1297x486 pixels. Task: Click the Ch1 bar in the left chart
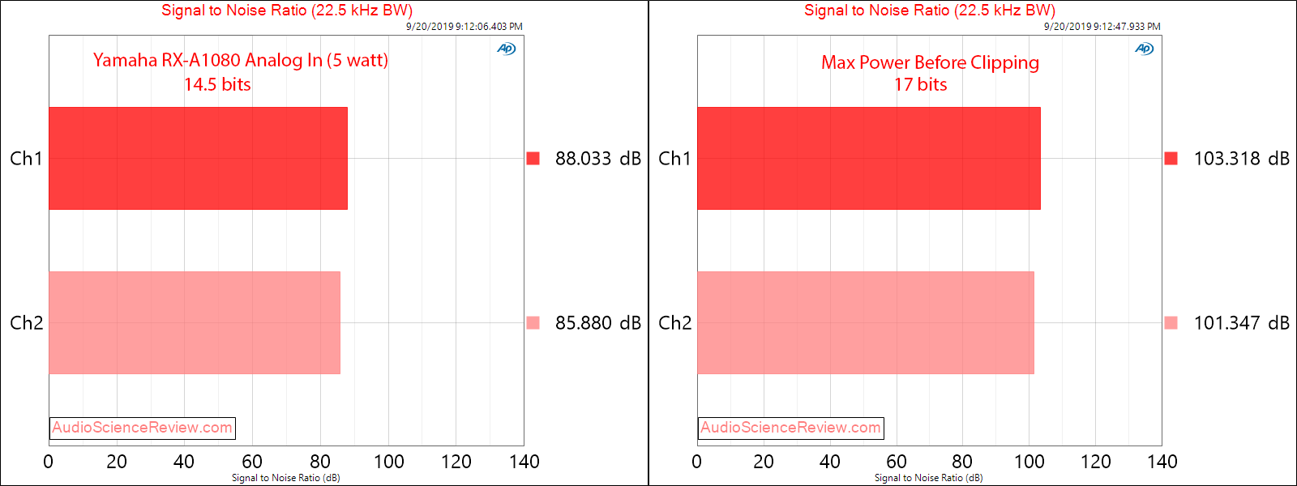(198, 158)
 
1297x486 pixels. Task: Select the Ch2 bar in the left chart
(195, 322)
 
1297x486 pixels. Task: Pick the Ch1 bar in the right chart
(868, 158)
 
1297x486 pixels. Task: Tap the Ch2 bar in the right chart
(865, 322)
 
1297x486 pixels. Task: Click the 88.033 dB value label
(597, 159)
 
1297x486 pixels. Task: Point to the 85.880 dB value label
(597, 323)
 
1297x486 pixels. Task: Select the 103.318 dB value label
(1241, 159)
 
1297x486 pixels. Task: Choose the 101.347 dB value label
(1241, 323)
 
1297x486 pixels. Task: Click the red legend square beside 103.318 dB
(1171, 158)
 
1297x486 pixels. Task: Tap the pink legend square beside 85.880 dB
(533, 322)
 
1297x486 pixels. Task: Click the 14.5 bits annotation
(217, 84)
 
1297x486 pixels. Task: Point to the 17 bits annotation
(920, 84)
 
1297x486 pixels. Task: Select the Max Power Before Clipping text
(930, 62)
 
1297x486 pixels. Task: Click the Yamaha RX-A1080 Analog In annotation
(240, 60)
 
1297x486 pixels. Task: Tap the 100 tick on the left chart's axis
(388, 462)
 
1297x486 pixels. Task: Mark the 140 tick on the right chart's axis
(1162, 462)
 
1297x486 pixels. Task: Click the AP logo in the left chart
(506, 49)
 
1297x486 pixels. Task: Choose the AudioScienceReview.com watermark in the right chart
(790, 428)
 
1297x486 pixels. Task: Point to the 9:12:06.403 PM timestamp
(464, 27)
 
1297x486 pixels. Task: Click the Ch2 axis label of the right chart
(674, 323)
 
